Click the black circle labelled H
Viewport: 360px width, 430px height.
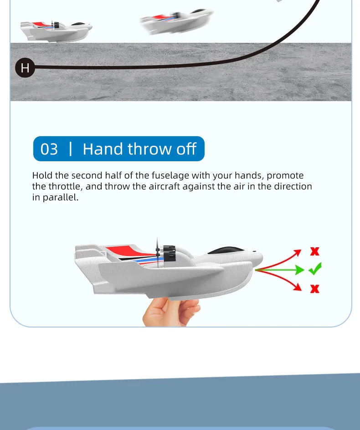click(25, 68)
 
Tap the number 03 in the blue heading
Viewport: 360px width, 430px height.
click(49, 149)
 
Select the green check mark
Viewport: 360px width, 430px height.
click(315, 269)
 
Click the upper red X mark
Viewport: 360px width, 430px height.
click(315, 251)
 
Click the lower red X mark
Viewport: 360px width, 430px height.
click(315, 288)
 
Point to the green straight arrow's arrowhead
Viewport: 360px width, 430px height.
click(299, 270)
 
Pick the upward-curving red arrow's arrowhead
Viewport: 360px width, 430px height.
click(298, 251)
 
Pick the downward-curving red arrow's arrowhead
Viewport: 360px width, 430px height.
click(298, 287)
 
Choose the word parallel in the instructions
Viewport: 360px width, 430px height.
click(60, 197)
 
